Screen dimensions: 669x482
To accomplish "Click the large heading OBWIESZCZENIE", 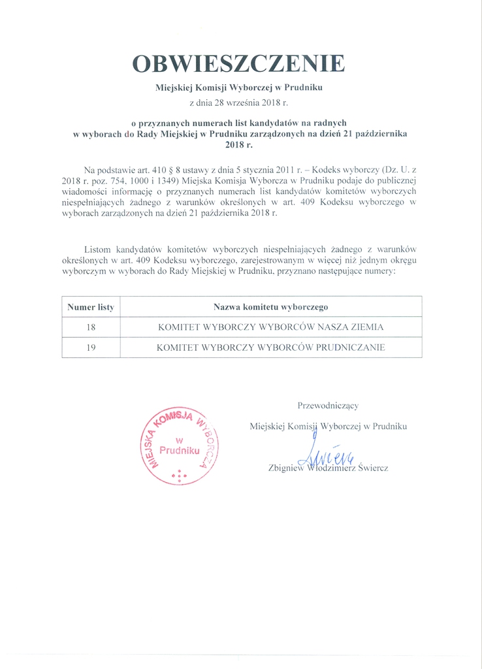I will (238, 63).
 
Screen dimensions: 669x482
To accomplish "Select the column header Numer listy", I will (91, 306).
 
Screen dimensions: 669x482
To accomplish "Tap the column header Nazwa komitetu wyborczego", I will (270, 306).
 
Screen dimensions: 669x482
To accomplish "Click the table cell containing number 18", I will (91, 327).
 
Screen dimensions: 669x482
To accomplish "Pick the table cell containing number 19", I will (91, 348).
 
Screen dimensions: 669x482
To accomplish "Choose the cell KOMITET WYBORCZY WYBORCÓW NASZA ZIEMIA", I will (270, 327).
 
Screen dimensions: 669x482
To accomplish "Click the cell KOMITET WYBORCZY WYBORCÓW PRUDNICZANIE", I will (270, 348).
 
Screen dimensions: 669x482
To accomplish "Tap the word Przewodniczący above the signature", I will (328, 406).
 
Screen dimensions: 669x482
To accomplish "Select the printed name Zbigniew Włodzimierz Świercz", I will (328, 468).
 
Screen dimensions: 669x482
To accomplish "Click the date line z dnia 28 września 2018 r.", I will (238, 103).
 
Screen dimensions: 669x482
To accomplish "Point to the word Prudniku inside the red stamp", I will (180, 451).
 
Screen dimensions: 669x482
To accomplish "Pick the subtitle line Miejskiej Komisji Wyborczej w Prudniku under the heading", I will (238, 87).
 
